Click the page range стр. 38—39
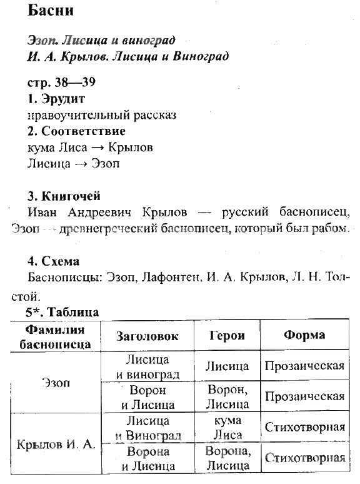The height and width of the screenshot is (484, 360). tap(61, 83)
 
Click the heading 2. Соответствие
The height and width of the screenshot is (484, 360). tap(77, 131)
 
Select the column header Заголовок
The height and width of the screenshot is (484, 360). tap(147, 336)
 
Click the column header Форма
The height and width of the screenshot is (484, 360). tap(304, 335)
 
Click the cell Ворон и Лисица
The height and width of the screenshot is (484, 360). tap(147, 397)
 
